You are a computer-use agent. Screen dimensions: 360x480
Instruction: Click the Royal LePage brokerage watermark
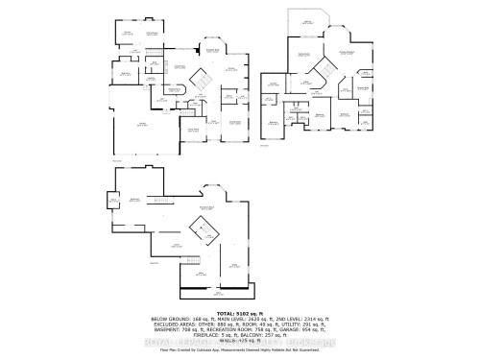(x=240, y=343)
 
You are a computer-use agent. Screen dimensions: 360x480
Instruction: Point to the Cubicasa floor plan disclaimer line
(x=240, y=352)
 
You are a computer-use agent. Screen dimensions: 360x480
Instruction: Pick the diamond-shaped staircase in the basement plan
(x=203, y=229)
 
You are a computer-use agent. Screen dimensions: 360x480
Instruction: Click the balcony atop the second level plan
(x=308, y=23)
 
